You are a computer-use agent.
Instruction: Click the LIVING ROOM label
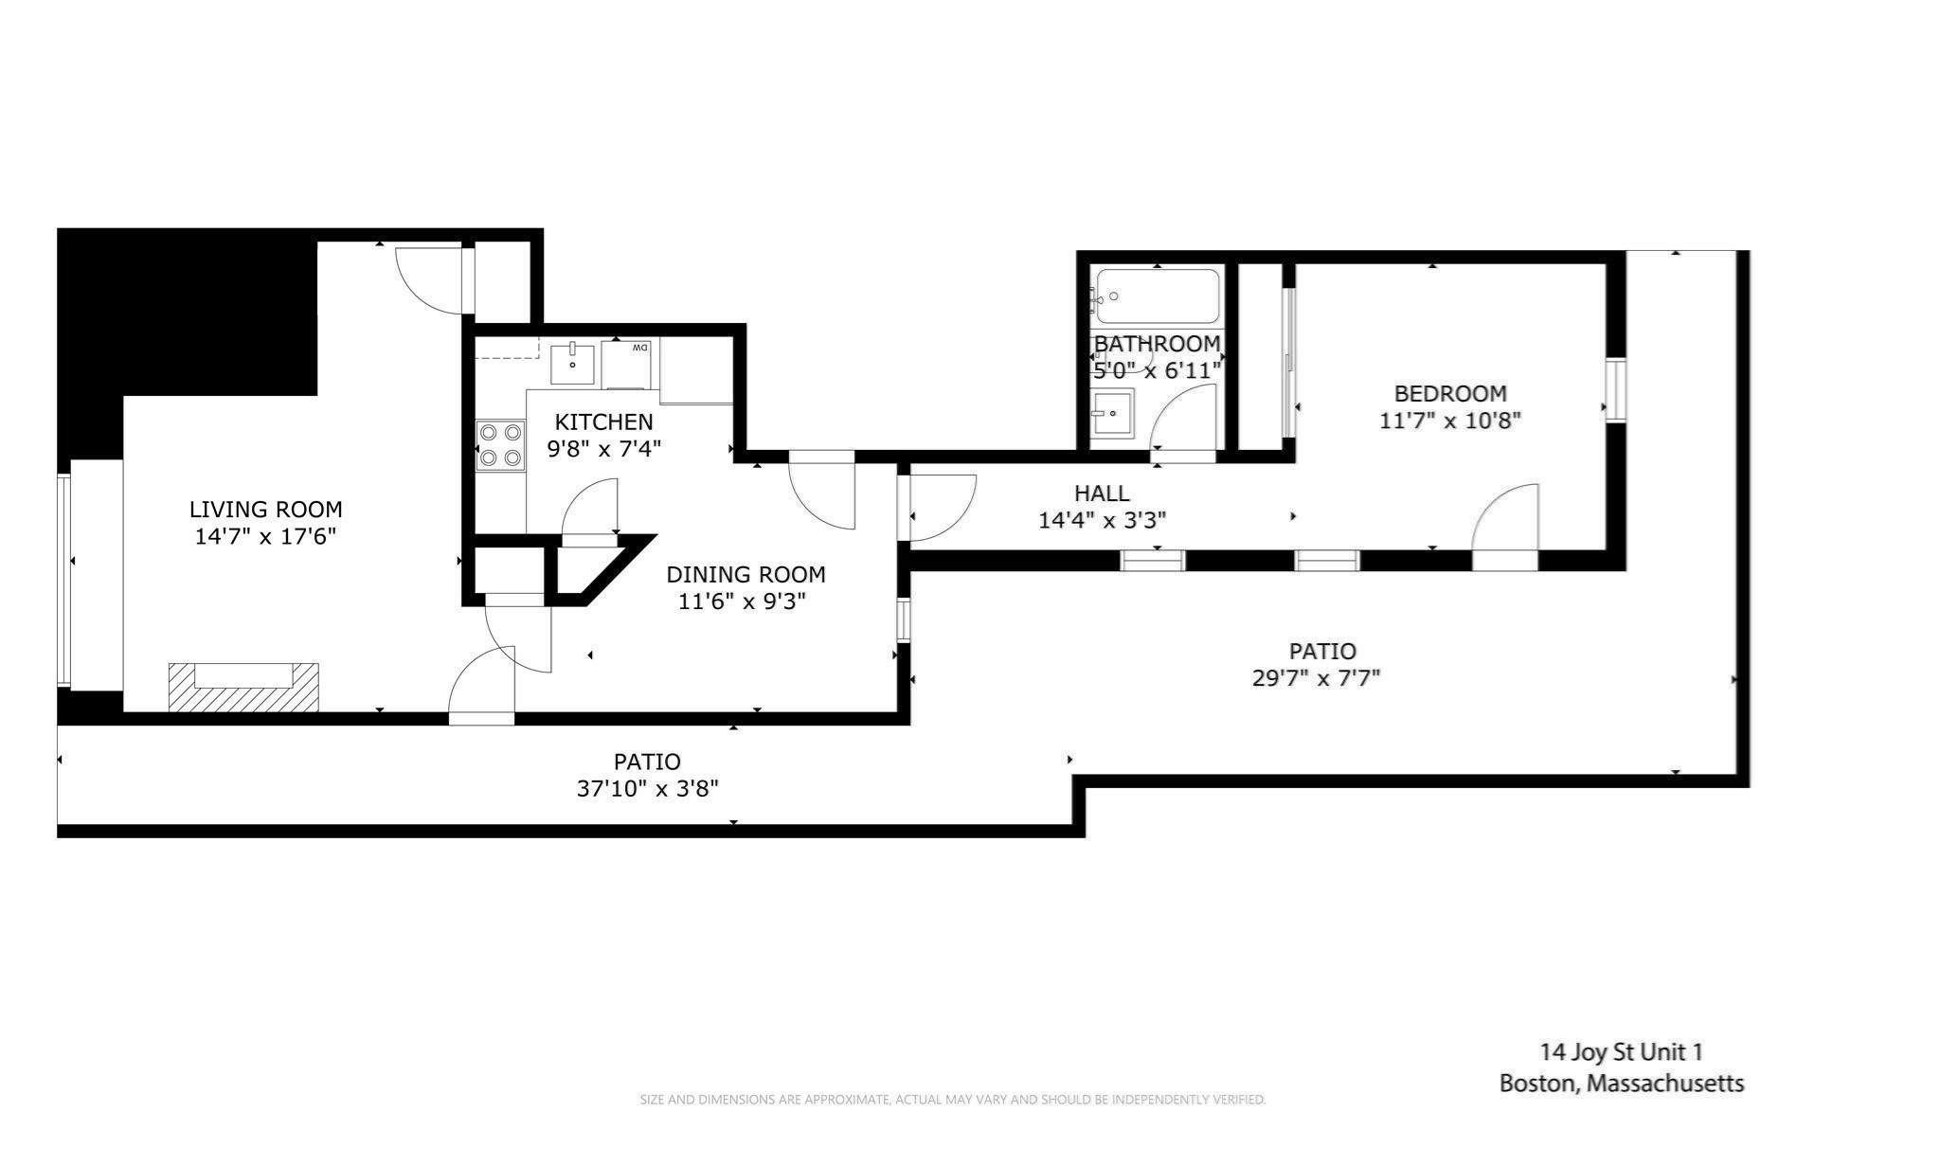pyautogui.click(x=265, y=510)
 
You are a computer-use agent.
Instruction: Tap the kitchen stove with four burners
pyautogui.click(x=500, y=445)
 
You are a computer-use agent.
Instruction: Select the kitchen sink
pyautogui.click(x=572, y=365)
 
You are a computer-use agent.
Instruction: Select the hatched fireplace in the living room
pyautogui.click(x=243, y=687)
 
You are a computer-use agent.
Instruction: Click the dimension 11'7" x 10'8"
pyautogui.click(x=1449, y=420)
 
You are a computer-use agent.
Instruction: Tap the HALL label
pyautogui.click(x=1102, y=493)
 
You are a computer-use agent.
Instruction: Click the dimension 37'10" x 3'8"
pyautogui.click(x=647, y=788)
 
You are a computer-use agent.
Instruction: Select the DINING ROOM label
pyautogui.click(x=745, y=574)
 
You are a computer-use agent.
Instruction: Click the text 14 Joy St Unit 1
pyautogui.click(x=1621, y=1051)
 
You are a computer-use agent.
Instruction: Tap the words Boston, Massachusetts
pyautogui.click(x=1621, y=1083)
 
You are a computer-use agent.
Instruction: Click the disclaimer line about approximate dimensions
pyautogui.click(x=952, y=1100)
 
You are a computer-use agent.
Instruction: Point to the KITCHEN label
pyautogui.click(x=603, y=422)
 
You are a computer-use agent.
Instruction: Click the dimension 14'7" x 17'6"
pyautogui.click(x=265, y=536)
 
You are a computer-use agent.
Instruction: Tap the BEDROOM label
pyautogui.click(x=1449, y=393)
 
